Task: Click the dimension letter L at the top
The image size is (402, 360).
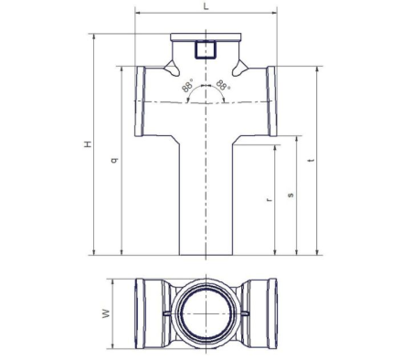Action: [x=206, y=6]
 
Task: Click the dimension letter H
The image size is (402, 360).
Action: [x=88, y=144]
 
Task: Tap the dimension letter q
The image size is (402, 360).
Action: [x=114, y=160]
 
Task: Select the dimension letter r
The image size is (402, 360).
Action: [x=269, y=200]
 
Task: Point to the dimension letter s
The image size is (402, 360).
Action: [x=291, y=195]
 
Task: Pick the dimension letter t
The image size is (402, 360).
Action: [x=311, y=160]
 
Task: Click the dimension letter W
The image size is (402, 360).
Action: [x=106, y=313]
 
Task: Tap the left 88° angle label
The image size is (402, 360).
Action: [x=187, y=87]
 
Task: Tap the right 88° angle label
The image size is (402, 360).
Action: [x=223, y=85]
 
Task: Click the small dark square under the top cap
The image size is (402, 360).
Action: [x=206, y=49]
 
